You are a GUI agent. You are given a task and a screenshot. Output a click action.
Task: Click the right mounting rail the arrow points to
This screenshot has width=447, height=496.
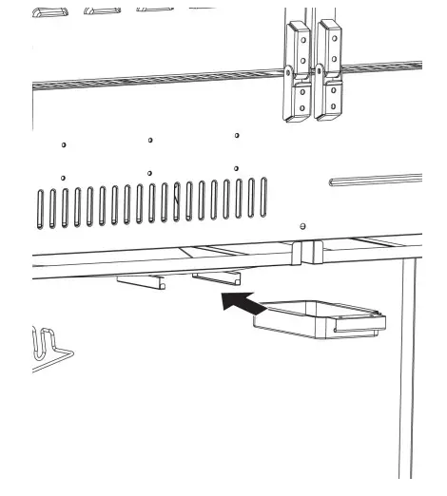coord(216,278)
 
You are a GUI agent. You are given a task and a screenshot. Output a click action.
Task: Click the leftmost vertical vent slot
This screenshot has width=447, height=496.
coord(41,208)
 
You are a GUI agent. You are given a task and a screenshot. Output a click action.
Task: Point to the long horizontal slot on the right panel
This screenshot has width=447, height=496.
coord(375,179)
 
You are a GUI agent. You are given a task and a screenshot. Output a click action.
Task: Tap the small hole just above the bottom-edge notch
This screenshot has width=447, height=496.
coord(302,227)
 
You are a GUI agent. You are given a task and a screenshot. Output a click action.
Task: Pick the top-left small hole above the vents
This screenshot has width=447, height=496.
coord(63,145)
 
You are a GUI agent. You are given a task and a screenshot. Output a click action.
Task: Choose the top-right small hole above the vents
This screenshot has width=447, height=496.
coord(237,136)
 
